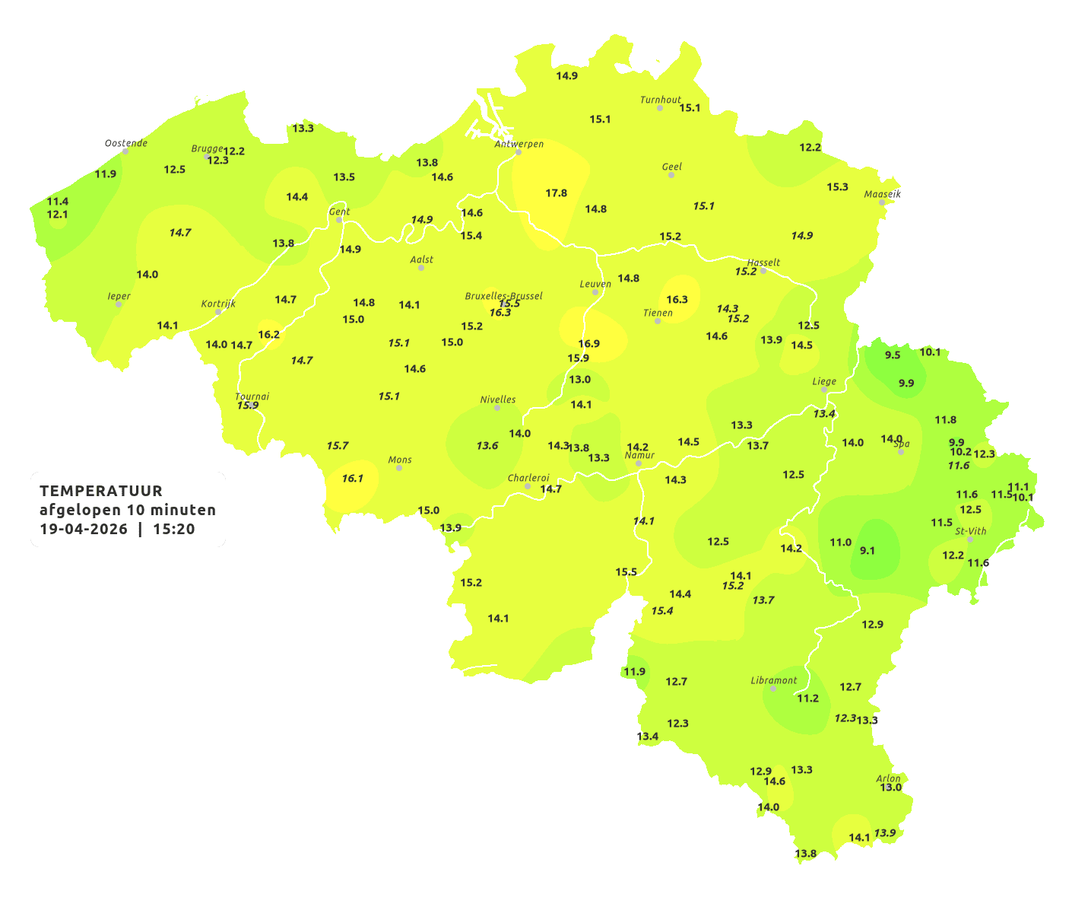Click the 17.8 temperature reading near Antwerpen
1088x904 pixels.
(x=557, y=193)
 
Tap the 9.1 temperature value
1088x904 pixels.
(x=867, y=551)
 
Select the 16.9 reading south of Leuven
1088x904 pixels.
(x=589, y=344)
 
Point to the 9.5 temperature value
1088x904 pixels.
(x=893, y=355)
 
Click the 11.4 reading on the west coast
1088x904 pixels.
(x=58, y=202)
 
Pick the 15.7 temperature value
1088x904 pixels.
(x=338, y=446)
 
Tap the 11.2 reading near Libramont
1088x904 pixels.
(x=807, y=699)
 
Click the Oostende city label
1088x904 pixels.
(x=126, y=143)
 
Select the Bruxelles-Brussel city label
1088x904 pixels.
(x=503, y=296)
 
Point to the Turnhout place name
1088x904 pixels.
(x=661, y=100)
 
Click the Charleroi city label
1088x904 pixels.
(x=528, y=478)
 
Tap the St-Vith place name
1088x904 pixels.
(x=971, y=531)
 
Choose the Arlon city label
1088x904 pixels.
(x=888, y=778)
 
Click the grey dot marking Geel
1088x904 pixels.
(x=671, y=175)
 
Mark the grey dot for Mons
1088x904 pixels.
(x=399, y=468)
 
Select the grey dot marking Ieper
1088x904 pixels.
(x=119, y=304)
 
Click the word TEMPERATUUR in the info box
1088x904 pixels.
(x=101, y=491)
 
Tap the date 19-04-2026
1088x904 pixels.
(x=84, y=530)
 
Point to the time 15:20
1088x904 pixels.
(x=174, y=530)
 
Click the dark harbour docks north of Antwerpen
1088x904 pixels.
(x=487, y=118)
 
